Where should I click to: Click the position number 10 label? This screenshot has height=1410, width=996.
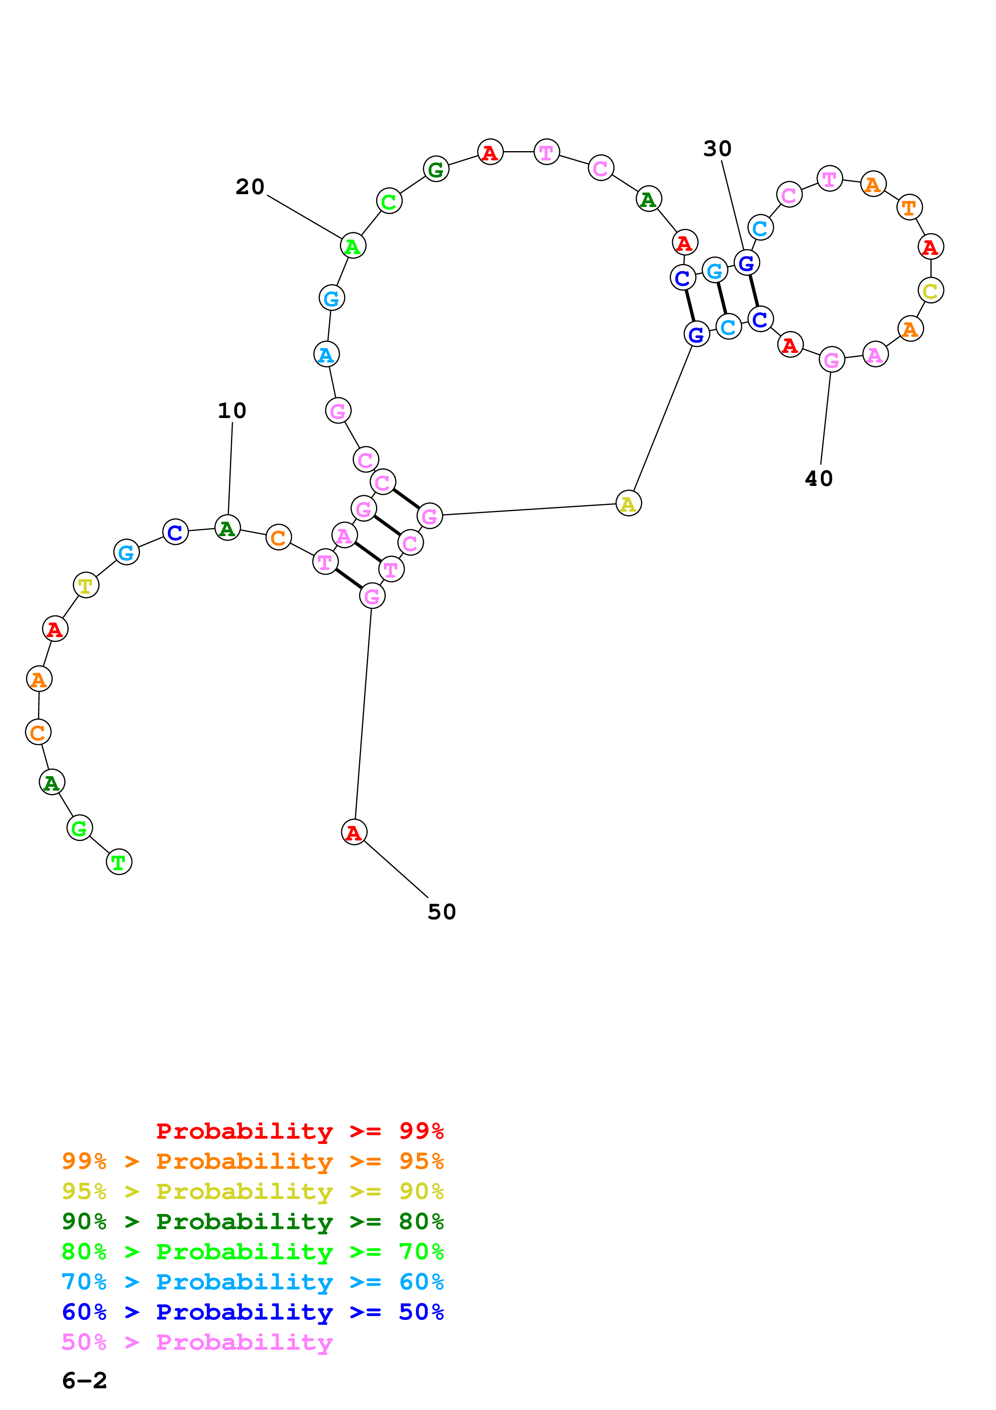click(232, 410)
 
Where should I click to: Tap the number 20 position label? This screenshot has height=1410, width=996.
click(250, 186)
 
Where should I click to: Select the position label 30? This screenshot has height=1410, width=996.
click(717, 149)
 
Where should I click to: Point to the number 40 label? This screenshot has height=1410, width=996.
click(819, 478)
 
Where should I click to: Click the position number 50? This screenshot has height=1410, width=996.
click(441, 912)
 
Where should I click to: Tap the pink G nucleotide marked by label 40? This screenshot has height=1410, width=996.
click(832, 360)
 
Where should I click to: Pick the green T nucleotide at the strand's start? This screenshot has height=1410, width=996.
click(119, 862)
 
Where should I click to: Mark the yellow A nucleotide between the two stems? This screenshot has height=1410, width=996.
click(628, 504)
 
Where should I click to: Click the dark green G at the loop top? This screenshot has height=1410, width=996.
click(436, 169)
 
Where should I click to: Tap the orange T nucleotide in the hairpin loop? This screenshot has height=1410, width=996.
click(909, 207)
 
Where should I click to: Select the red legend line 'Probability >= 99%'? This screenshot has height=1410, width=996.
click(299, 1131)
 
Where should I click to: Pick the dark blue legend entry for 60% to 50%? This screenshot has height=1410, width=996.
click(252, 1312)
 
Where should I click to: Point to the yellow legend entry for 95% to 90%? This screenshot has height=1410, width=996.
click(252, 1191)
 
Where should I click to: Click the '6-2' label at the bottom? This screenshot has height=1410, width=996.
click(84, 1381)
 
